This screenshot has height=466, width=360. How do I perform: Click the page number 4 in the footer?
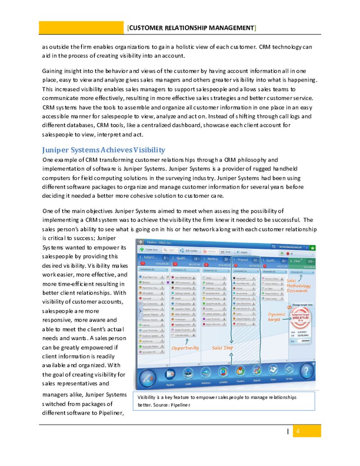pyautogui.click(x=297, y=431)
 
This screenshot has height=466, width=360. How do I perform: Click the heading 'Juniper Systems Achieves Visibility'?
pyautogui.click(x=104, y=150)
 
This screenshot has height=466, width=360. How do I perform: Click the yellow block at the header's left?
pyautogui.click(x=81, y=28)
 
